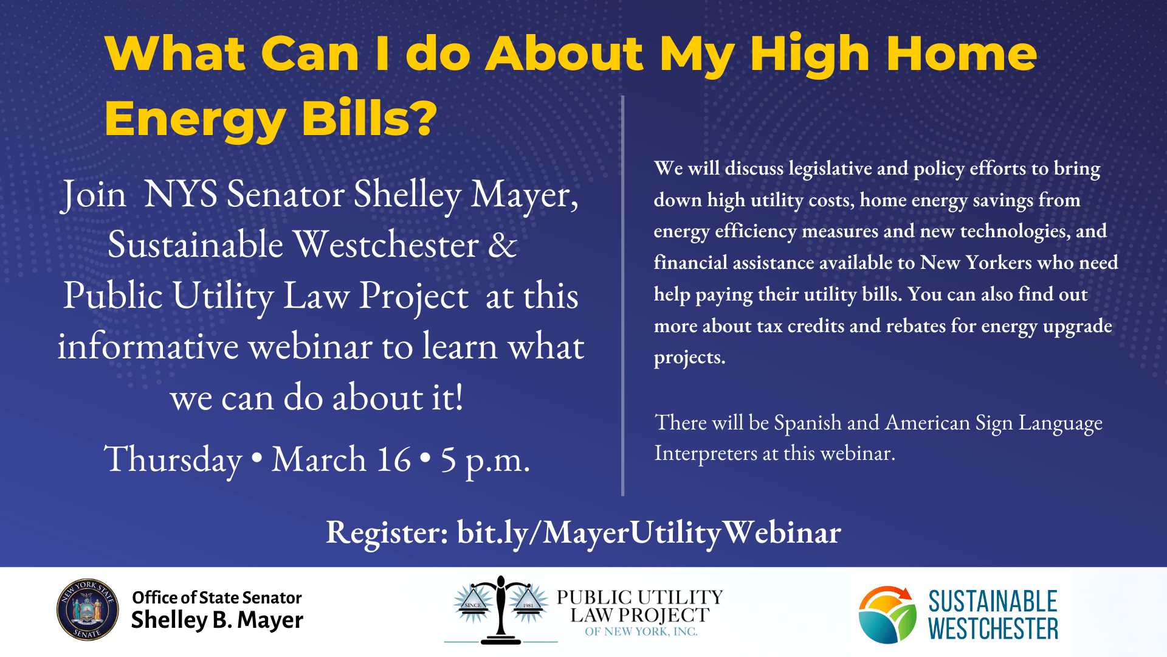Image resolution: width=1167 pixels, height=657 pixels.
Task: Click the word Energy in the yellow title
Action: [x=195, y=120]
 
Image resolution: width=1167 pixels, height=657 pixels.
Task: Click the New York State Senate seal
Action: [x=88, y=610]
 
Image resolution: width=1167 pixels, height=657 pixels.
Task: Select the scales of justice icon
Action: [x=501, y=610]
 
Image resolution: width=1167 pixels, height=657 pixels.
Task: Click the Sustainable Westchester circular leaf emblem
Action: [x=887, y=614]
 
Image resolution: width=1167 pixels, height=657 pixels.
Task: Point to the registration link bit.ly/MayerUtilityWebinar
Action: [x=649, y=533]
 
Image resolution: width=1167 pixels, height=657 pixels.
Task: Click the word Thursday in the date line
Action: [x=173, y=460]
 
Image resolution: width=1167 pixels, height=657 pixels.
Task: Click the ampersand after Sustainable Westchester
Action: [x=503, y=245]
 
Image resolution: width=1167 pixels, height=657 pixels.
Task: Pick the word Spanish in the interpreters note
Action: [x=808, y=423]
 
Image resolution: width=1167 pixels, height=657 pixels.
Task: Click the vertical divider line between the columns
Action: [x=623, y=296]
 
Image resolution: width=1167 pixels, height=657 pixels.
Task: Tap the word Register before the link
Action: [x=387, y=533]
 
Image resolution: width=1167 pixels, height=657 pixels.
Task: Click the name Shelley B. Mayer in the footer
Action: [x=217, y=620]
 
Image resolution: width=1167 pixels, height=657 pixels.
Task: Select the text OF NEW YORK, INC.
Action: [x=641, y=631]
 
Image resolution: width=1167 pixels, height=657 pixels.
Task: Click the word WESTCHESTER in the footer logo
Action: [x=993, y=629]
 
